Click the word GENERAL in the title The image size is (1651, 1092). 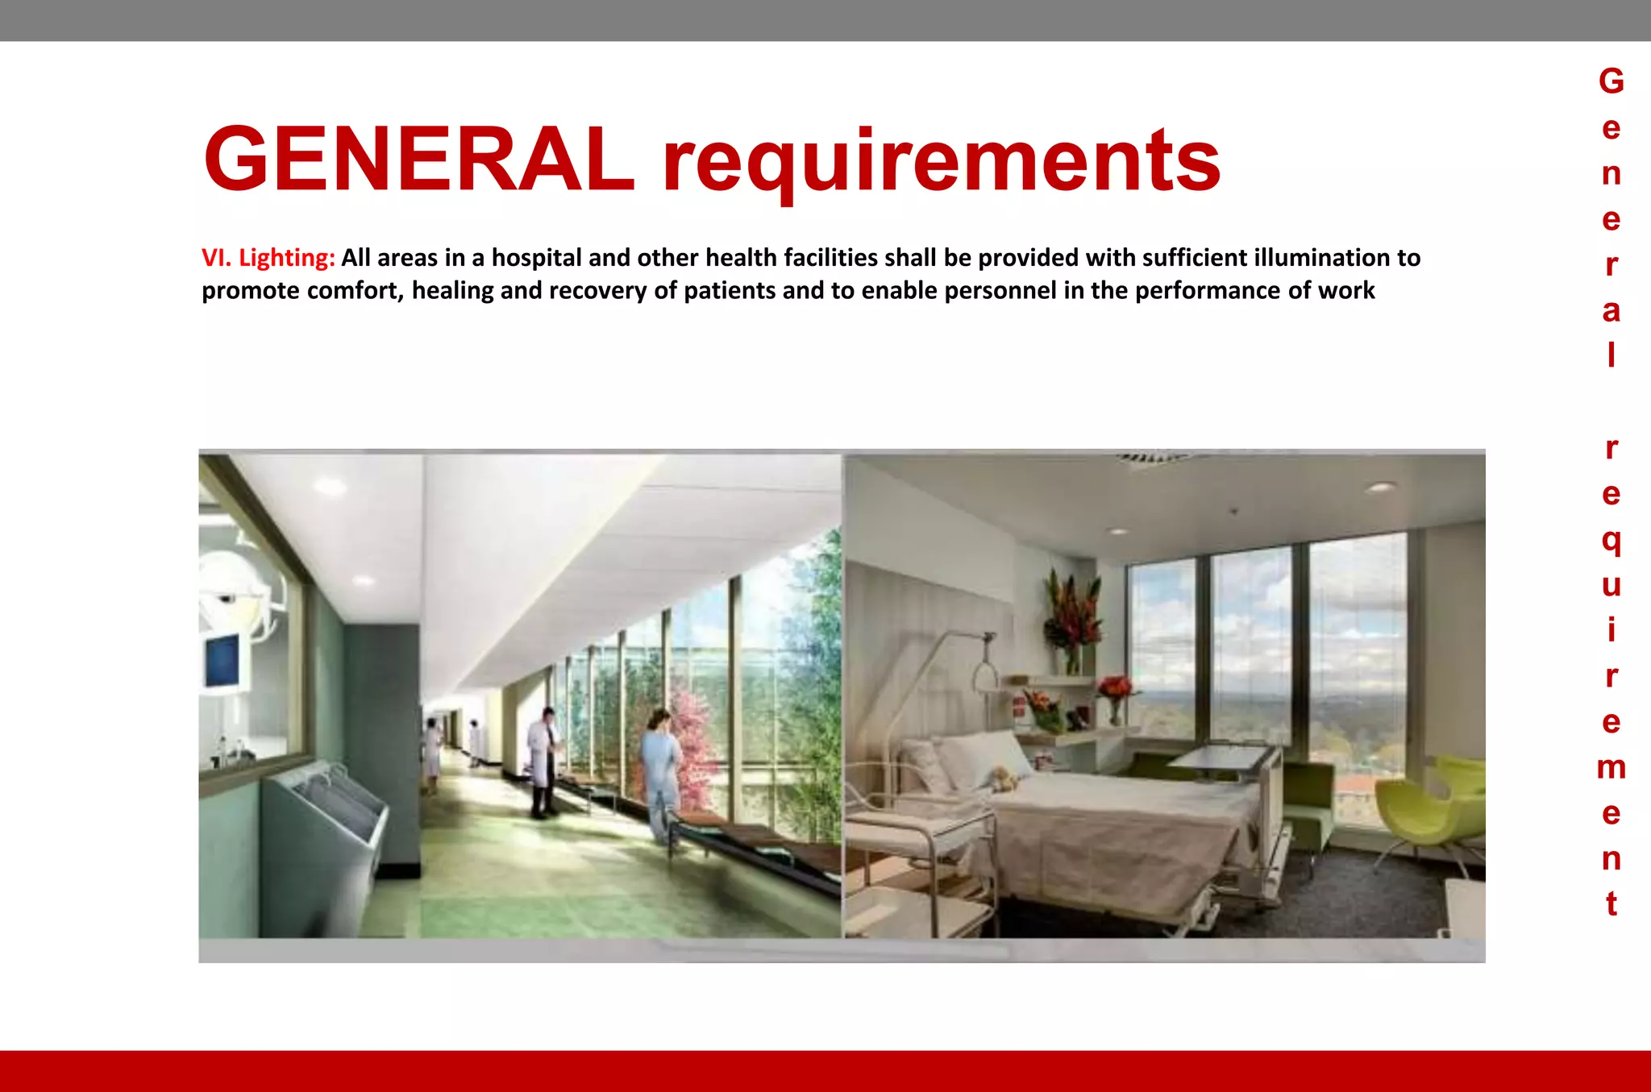[419, 160]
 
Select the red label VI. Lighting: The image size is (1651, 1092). [268, 258]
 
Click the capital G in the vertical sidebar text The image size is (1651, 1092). [1611, 81]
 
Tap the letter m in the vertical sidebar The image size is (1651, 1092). [1611, 767]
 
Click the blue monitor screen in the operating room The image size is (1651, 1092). [223, 658]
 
